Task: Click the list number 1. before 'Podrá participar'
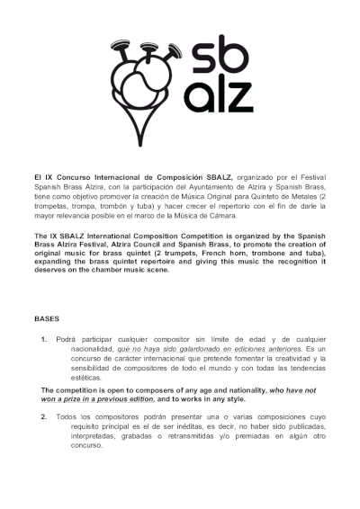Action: [x=44, y=339]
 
